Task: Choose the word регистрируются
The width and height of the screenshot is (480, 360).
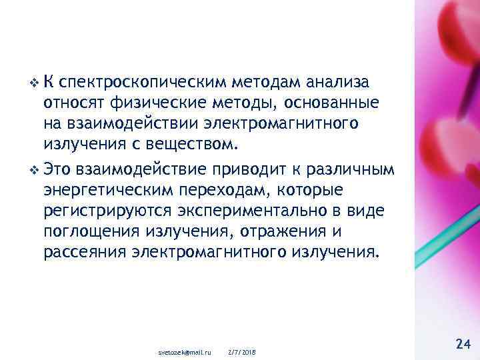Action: (109, 211)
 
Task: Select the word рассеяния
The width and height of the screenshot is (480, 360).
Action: (85, 253)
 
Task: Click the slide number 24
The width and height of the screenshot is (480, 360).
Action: (463, 344)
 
